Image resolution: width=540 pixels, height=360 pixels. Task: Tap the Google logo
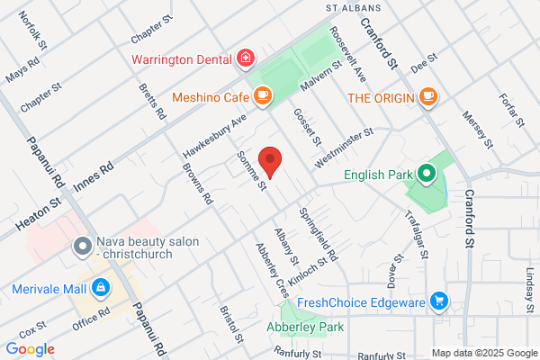tap(30, 349)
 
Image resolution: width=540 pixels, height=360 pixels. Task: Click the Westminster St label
tap(343, 148)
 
